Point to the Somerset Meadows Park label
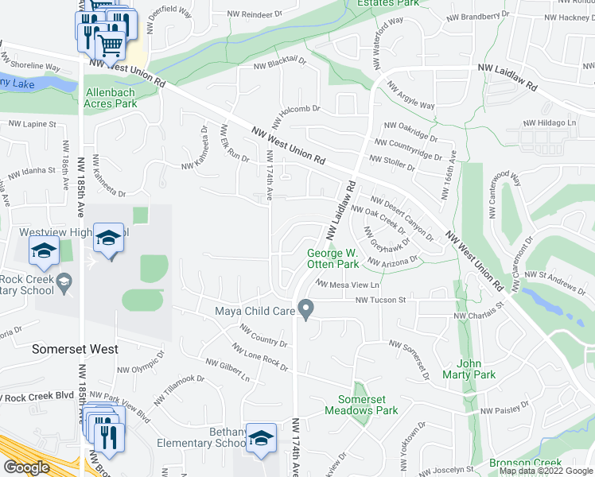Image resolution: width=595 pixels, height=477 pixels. [x=361, y=405]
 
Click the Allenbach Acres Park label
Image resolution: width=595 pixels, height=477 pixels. [x=111, y=98]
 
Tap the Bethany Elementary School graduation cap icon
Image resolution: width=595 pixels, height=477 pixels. [x=261, y=437]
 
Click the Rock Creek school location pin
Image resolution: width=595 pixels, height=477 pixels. [x=64, y=281]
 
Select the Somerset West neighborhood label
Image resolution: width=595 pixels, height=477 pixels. [x=74, y=349]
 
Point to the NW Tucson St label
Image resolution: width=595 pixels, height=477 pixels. [x=380, y=301]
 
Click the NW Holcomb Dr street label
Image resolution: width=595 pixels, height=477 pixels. [x=295, y=117]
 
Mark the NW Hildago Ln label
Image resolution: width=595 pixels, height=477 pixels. [x=549, y=123]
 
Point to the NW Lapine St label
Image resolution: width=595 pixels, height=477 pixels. [x=32, y=125]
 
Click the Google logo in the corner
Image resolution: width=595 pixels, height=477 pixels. [x=26, y=467]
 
